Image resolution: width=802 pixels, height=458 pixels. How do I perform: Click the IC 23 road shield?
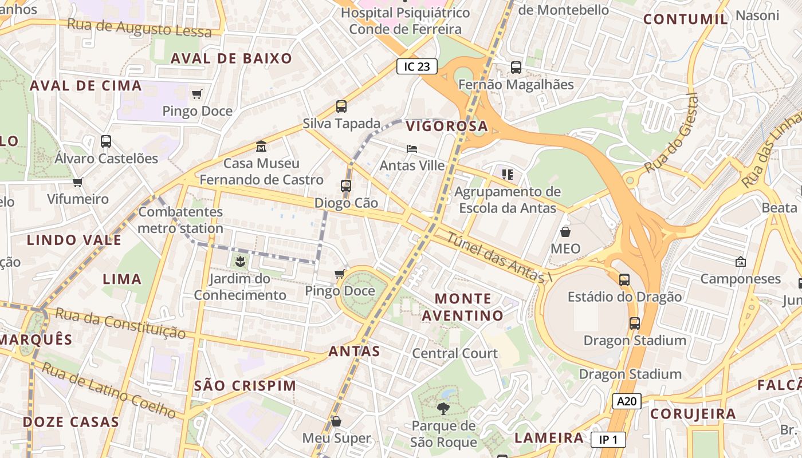416,66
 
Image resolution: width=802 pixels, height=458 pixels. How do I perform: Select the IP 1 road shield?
608,440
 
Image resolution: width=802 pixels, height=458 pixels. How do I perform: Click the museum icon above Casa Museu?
261,146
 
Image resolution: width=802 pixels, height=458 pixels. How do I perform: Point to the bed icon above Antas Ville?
412,149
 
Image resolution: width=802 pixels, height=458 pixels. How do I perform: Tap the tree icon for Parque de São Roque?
443,408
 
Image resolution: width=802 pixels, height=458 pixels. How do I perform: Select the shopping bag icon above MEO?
565,232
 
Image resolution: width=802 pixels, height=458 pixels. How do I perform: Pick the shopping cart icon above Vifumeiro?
78,182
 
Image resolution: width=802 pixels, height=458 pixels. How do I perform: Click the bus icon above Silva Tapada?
341,106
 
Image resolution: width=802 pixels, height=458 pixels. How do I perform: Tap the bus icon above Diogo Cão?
346,185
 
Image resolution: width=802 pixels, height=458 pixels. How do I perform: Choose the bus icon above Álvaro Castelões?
106,141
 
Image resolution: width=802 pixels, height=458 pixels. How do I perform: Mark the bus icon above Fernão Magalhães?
516,67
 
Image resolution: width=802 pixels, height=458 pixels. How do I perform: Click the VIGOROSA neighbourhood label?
447,127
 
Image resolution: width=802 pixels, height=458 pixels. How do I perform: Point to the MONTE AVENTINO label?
463,307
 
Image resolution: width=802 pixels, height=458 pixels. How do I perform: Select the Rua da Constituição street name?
120,323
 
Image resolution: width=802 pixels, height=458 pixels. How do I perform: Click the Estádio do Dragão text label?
624,297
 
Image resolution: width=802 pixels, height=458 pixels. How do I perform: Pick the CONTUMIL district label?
685,19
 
